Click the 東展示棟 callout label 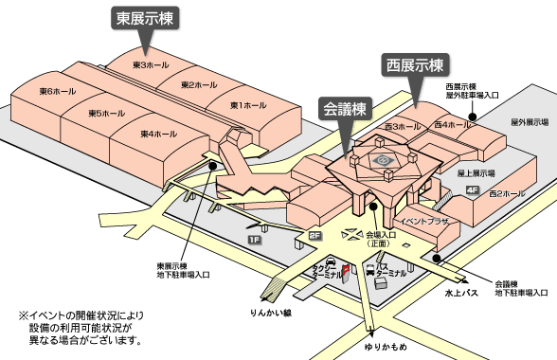145,18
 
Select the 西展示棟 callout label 415,65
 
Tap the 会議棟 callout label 345,108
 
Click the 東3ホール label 151,65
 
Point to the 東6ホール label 58,91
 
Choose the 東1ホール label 248,105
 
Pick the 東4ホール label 159,134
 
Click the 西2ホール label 507,193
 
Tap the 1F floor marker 255,240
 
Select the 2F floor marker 315,236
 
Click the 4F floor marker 473,190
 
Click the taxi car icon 331,261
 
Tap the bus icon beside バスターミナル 370,270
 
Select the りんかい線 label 271,313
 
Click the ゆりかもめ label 386,347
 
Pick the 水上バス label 461,293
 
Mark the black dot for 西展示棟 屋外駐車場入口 473,117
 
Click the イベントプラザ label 424,221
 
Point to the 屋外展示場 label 530,122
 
